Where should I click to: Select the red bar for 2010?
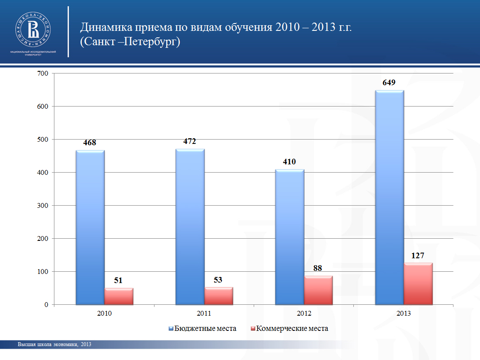click(x=119, y=296)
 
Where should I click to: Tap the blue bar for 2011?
click(x=190, y=227)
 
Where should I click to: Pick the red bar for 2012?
click(x=318, y=290)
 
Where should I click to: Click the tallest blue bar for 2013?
click(x=389, y=197)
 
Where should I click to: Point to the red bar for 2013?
click(x=418, y=283)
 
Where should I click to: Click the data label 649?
click(x=389, y=83)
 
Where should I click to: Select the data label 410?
click(x=289, y=162)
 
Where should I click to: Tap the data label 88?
click(x=318, y=268)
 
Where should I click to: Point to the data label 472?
click(x=190, y=141)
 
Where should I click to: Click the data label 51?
click(x=118, y=280)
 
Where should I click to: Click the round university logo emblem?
click(x=33, y=29)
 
